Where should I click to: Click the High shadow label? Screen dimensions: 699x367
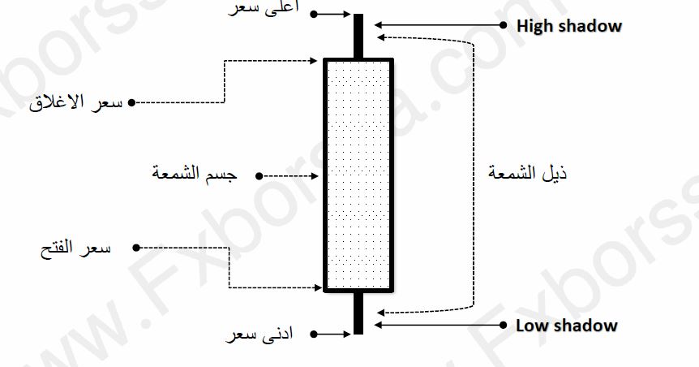[x=568, y=26]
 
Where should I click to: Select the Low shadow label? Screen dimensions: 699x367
[x=566, y=326]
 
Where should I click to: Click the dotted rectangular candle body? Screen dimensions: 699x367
[x=358, y=175]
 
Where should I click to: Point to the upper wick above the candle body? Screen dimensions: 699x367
[x=358, y=36]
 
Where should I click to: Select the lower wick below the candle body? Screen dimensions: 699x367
[x=358, y=313]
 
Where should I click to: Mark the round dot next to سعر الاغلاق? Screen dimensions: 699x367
[x=131, y=103]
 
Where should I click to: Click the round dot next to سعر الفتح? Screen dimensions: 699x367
[x=136, y=247]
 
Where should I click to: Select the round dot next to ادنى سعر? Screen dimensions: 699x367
[x=313, y=334]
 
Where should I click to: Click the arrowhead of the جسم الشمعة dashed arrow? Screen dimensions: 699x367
[x=319, y=175]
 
